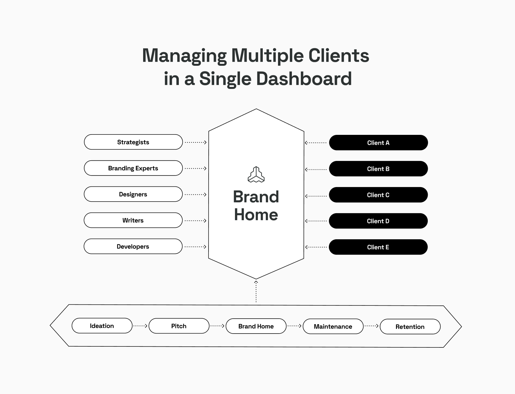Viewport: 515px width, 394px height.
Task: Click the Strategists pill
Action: point(133,142)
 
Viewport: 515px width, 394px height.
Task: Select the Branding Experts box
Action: point(133,168)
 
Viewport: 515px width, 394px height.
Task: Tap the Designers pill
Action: point(133,194)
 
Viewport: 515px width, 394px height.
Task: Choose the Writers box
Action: point(133,220)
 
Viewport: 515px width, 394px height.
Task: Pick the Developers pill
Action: point(133,246)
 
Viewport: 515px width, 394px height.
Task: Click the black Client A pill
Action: point(378,142)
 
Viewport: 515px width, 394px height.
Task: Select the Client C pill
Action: point(378,195)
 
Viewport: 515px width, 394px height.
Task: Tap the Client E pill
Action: point(378,247)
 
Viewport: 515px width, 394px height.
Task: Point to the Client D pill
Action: point(378,221)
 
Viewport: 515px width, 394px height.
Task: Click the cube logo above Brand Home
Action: point(256,175)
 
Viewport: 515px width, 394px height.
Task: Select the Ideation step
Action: point(102,326)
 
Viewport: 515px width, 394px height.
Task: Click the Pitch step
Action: point(179,326)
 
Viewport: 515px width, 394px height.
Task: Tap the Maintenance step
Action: point(333,326)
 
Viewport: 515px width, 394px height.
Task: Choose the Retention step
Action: point(410,327)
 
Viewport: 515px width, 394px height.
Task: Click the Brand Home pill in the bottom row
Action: point(256,326)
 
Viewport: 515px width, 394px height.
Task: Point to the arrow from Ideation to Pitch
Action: point(140,326)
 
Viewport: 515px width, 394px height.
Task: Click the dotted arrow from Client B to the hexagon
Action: point(316,169)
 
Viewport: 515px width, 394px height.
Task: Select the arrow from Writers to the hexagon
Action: point(195,221)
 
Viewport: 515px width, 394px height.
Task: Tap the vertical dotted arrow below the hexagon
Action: point(256,292)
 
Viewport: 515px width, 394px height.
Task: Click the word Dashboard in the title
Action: point(304,79)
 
